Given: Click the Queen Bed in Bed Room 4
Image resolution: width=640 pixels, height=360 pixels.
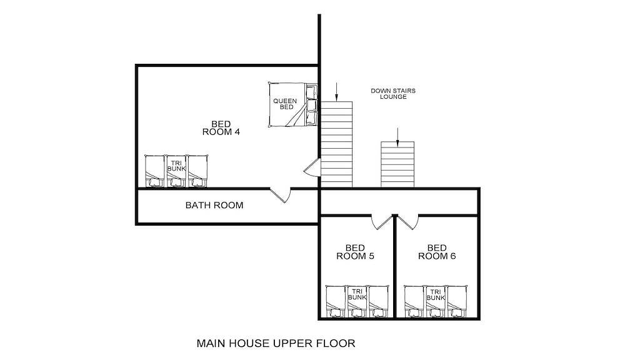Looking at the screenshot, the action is click(293, 105).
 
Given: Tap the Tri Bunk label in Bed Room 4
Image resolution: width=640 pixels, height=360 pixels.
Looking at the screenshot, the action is click(176, 166).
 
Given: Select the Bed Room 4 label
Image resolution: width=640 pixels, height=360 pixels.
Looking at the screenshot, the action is click(221, 127).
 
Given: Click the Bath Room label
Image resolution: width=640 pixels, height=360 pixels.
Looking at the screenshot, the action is click(214, 205).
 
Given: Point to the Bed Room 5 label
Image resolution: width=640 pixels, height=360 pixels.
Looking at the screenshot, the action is click(355, 252).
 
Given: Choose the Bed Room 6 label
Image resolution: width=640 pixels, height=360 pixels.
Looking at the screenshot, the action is click(437, 252).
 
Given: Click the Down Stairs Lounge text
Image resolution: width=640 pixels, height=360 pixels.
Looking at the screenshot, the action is click(393, 94).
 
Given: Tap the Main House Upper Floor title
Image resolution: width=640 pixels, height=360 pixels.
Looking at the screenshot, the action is click(276, 343).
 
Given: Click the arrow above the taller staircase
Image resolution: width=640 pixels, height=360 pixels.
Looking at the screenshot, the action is click(336, 91).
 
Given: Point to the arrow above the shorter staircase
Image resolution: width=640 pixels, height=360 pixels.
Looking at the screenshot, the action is click(397, 137).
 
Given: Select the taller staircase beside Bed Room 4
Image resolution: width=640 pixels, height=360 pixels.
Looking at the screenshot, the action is click(336, 144).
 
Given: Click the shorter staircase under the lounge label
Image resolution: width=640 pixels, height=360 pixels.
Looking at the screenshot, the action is click(397, 164).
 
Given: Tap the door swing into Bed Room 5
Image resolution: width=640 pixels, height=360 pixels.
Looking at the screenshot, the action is click(382, 222).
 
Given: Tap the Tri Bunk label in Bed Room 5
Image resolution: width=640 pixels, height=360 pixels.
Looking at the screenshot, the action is click(357, 294).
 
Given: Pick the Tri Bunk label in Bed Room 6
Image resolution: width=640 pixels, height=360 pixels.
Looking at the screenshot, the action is click(436, 294).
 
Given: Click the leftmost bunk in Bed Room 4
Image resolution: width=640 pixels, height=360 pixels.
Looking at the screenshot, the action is click(155, 171).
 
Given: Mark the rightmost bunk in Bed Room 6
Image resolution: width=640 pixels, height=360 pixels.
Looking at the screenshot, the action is click(457, 302).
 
